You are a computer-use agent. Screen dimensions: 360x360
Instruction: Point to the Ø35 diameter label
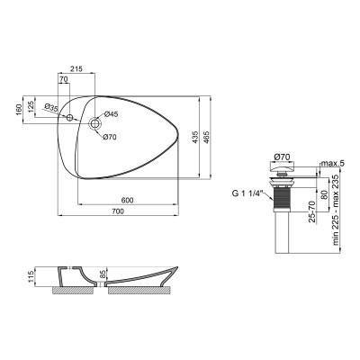coord(52,109)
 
